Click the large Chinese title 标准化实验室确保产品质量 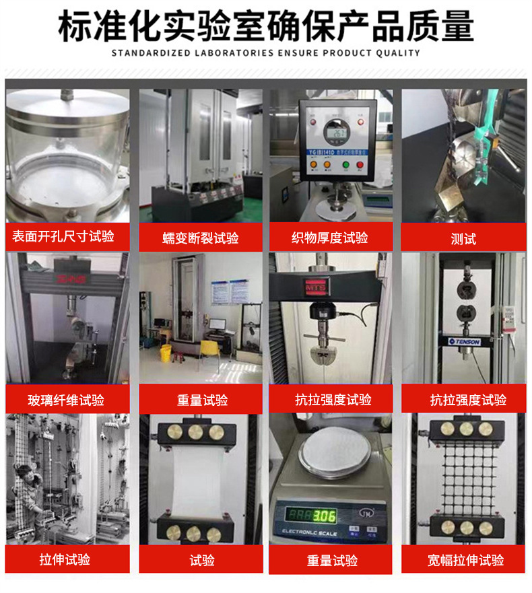click(x=266, y=25)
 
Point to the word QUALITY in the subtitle click(x=397, y=53)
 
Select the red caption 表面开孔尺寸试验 click(x=63, y=236)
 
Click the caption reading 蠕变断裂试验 click(x=201, y=238)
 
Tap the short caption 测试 click(x=463, y=238)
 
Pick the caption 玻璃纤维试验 click(x=66, y=400)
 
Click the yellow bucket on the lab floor click(x=164, y=352)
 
